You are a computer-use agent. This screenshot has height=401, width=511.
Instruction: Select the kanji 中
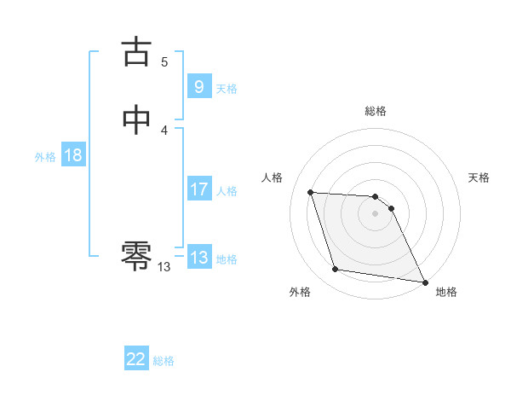click(x=137, y=119)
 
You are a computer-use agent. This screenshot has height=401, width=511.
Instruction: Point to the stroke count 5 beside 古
click(x=164, y=61)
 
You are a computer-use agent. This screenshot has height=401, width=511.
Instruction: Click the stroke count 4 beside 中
click(x=164, y=130)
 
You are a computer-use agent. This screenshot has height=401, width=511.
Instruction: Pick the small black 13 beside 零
click(x=164, y=267)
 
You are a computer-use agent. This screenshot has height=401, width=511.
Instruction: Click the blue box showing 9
click(x=198, y=86)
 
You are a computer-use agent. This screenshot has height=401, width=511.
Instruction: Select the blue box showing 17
click(x=198, y=189)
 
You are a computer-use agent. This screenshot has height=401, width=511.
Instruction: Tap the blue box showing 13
click(x=198, y=258)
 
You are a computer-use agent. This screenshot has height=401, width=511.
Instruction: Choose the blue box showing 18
click(x=72, y=155)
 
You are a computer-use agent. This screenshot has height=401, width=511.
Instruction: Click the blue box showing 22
click(x=136, y=359)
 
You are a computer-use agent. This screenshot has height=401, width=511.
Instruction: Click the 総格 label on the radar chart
click(x=376, y=111)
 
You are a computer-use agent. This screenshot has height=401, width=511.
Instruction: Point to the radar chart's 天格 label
click(x=479, y=177)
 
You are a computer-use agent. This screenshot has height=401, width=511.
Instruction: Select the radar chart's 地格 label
click(x=446, y=292)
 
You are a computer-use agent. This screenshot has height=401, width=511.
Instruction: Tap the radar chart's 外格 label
click(x=300, y=292)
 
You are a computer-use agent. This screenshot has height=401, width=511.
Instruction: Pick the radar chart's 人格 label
click(x=272, y=177)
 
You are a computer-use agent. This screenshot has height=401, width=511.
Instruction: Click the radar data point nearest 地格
click(x=424, y=282)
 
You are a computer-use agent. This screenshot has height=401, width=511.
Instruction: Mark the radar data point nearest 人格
click(x=310, y=192)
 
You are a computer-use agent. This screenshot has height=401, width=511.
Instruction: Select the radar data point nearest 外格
click(x=336, y=270)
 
